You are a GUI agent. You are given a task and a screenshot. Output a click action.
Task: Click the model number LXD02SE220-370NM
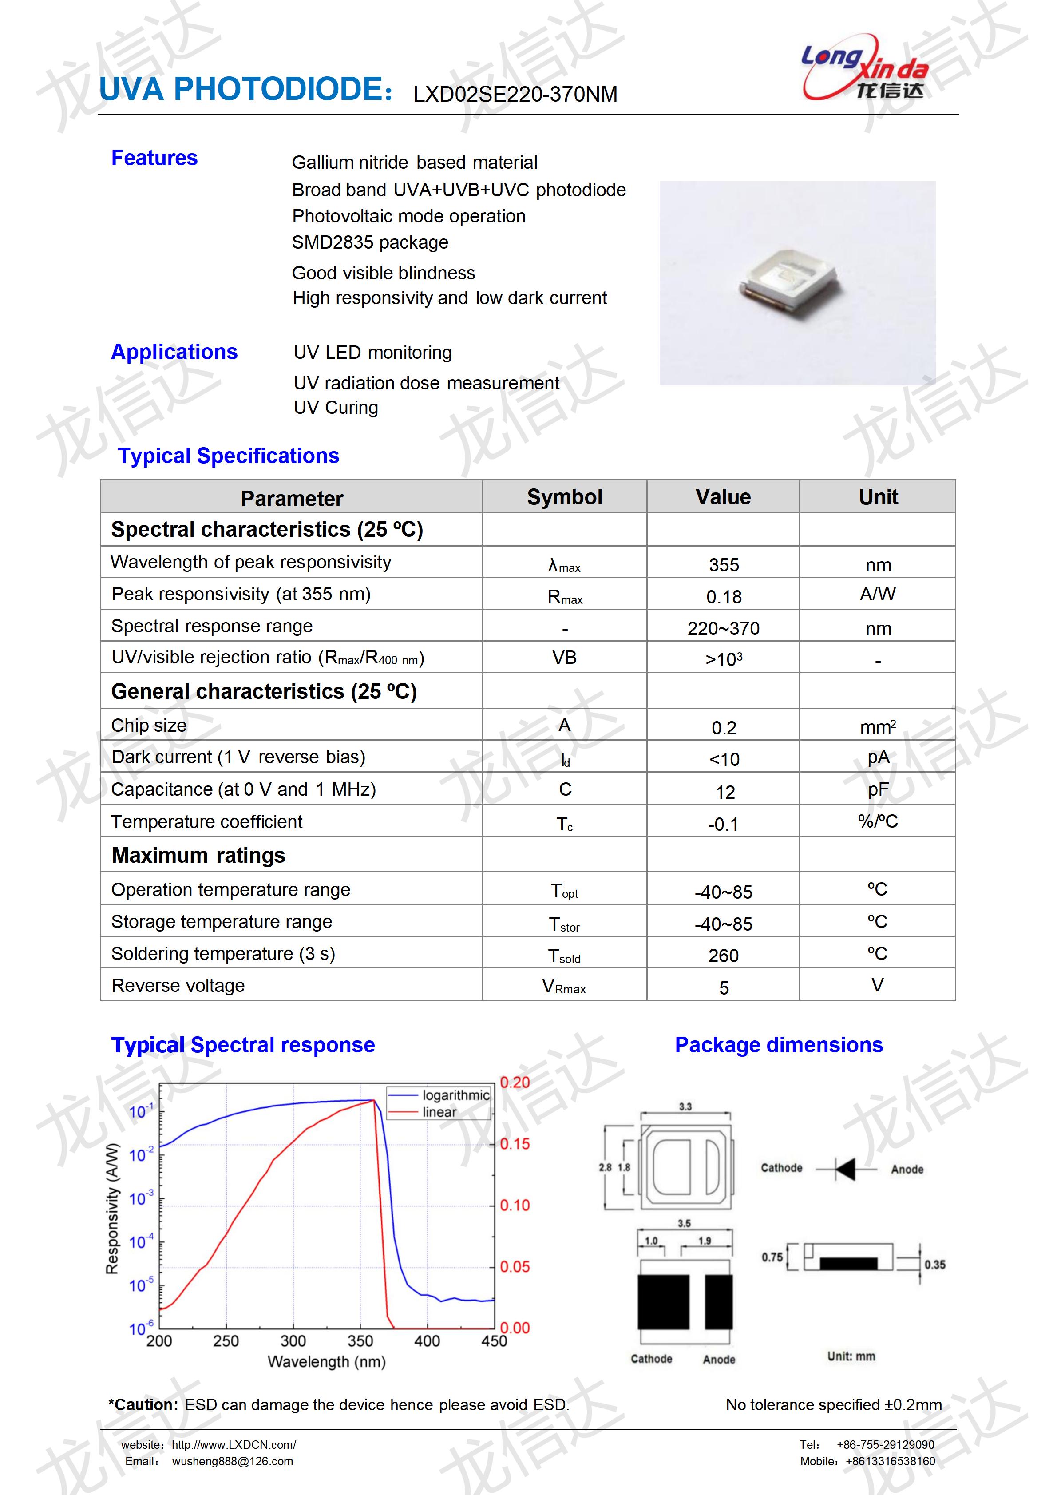click(x=515, y=95)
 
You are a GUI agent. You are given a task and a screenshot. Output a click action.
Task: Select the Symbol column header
click(x=564, y=497)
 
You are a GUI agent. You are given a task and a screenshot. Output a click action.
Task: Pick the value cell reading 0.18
click(x=723, y=596)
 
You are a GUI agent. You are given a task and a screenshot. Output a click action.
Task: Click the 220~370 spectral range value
click(x=723, y=628)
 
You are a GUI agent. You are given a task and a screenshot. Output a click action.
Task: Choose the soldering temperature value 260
click(x=723, y=955)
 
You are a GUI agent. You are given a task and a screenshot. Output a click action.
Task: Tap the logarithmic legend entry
click(x=455, y=1095)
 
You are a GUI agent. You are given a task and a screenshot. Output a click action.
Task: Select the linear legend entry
click(x=439, y=1112)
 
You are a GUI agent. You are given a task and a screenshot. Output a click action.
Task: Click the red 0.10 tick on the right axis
click(x=514, y=1205)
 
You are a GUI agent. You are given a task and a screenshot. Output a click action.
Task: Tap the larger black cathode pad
click(x=663, y=1301)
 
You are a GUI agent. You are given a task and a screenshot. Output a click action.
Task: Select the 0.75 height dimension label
click(x=772, y=1257)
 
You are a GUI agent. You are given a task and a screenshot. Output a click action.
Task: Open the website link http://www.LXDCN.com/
click(x=234, y=1445)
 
